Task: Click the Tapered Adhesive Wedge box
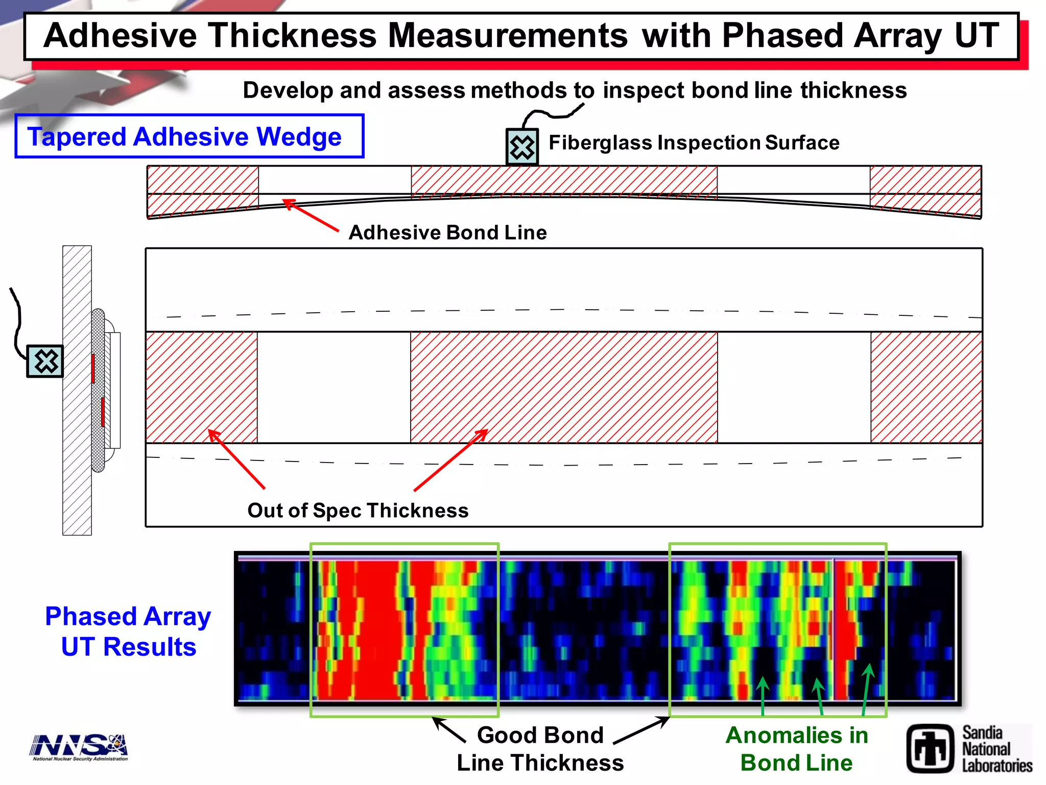(189, 136)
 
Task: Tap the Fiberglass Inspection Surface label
(694, 143)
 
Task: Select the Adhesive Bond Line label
(447, 233)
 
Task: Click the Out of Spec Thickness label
(358, 511)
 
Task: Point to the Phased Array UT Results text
(128, 631)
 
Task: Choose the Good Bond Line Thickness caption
(540, 749)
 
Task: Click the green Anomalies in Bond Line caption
(797, 749)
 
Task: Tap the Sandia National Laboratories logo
(969, 749)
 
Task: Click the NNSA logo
(79, 747)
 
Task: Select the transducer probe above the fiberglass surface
(522, 147)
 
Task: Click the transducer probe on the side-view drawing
(45, 361)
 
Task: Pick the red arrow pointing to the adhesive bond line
(311, 215)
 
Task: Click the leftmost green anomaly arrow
(763, 695)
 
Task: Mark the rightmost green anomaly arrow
(866, 690)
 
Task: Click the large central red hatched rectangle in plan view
(564, 387)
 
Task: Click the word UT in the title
(977, 36)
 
